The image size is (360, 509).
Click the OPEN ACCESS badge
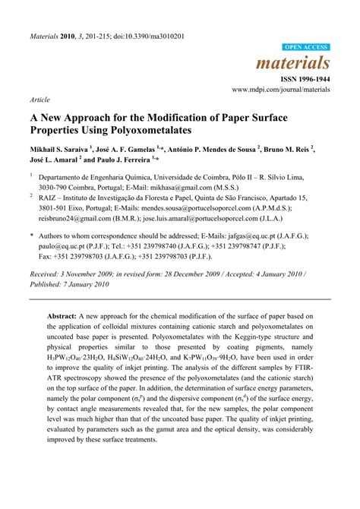(x=306, y=47)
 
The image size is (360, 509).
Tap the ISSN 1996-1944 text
(x=307, y=78)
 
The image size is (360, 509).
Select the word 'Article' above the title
(x=40, y=100)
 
